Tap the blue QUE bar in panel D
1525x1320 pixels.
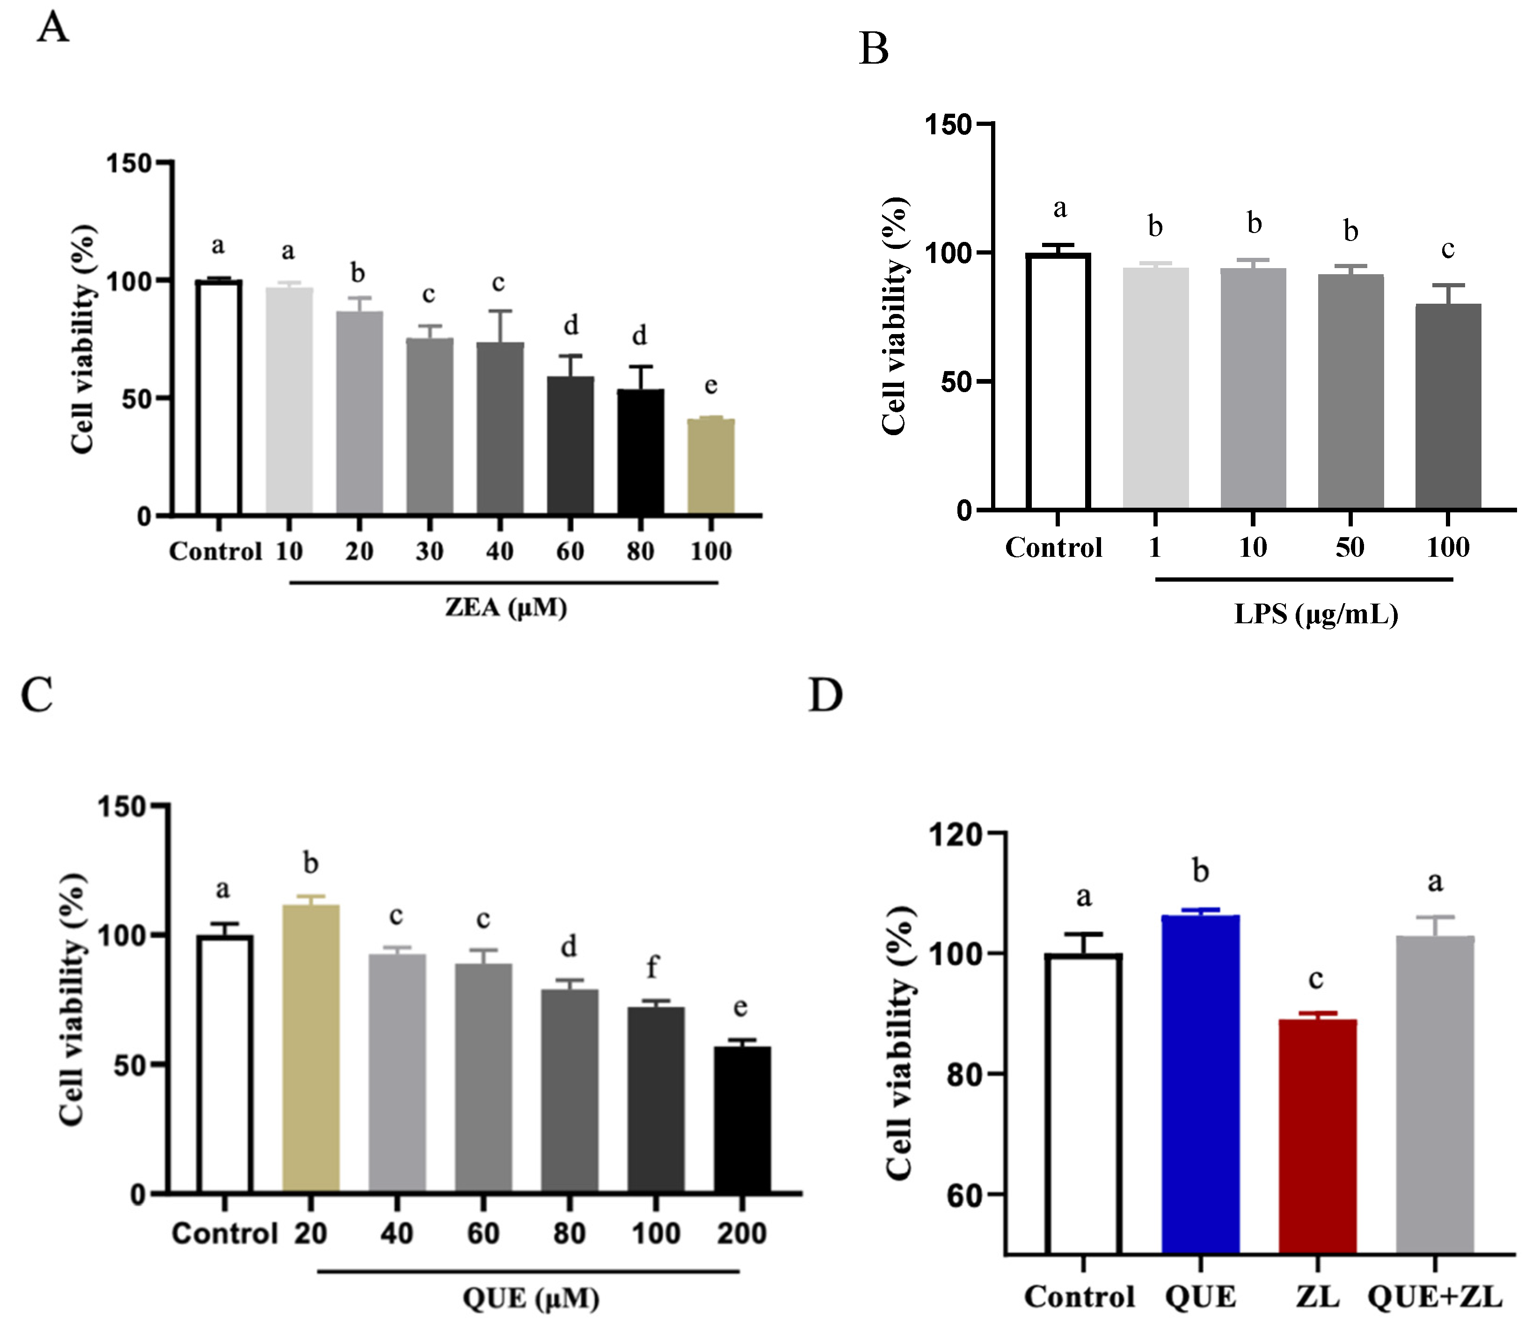pyautogui.click(x=1200, y=1083)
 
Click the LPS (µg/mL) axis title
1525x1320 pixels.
pyautogui.click(x=1316, y=613)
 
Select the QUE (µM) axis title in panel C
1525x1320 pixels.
pyautogui.click(x=531, y=1297)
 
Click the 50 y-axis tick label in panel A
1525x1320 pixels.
pyautogui.click(x=134, y=399)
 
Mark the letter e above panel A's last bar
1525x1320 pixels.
pyautogui.click(x=710, y=385)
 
